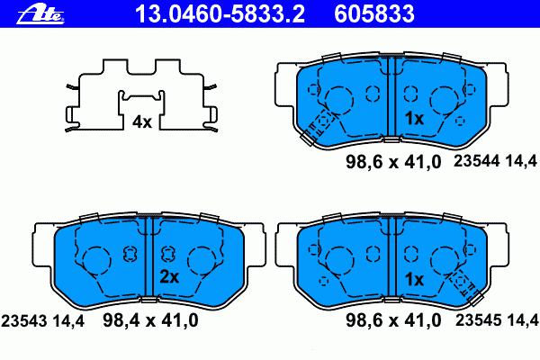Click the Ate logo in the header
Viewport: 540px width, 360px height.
[x=40, y=14]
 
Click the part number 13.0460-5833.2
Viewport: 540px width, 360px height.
[x=220, y=13]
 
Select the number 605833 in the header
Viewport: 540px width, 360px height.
[x=374, y=13]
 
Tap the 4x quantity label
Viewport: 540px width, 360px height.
[x=142, y=122]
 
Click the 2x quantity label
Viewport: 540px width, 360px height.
[x=169, y=277]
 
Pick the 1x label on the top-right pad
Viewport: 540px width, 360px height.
[x=414, y=119]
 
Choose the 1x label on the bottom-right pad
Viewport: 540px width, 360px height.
[x=414, y=279]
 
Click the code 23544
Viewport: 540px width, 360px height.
[x=476, y=161]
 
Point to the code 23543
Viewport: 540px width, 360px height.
[x=23, y=321]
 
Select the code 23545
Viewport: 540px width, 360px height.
[x=479, y=320]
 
